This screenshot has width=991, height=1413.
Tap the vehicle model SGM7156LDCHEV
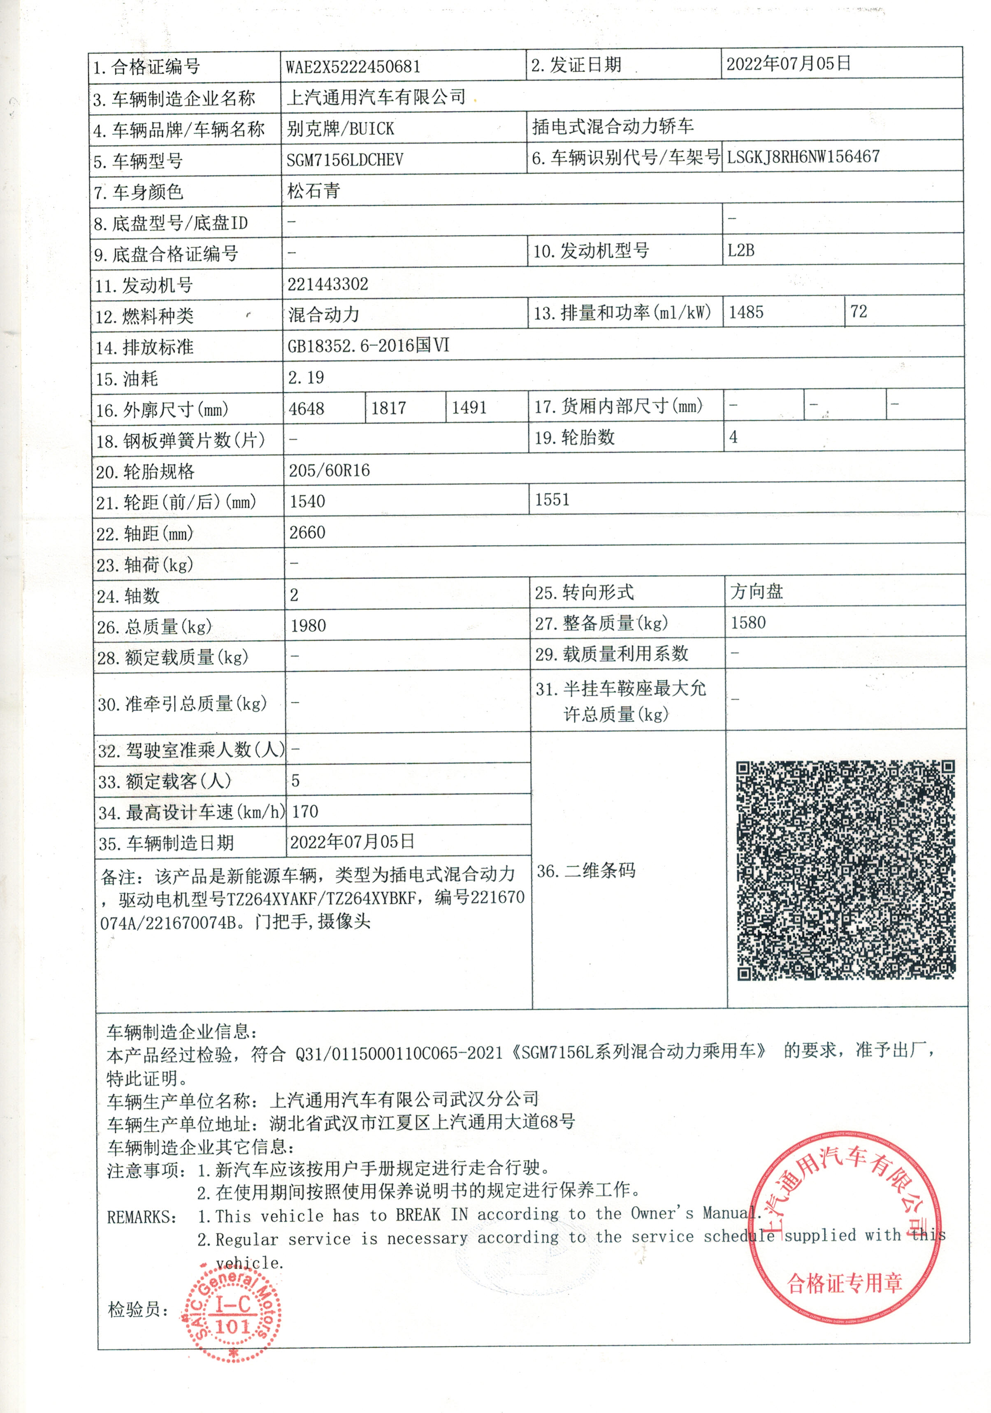[x=345, y=160]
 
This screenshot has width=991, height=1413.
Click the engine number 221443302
[x=327, y=284]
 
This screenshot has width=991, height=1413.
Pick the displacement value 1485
[x=746, y=313]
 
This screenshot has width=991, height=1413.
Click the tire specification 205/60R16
[x=330, y=471]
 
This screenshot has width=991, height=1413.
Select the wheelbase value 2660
[x=307, y=532]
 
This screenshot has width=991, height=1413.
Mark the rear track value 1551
[x=552, y=500]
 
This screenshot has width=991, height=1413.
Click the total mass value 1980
[x=309, y=626]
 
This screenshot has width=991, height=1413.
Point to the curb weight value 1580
[x=748, y=623]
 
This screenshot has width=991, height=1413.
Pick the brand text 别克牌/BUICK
[x=340, y=129]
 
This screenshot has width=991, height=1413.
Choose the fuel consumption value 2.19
[x=306, y=377]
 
